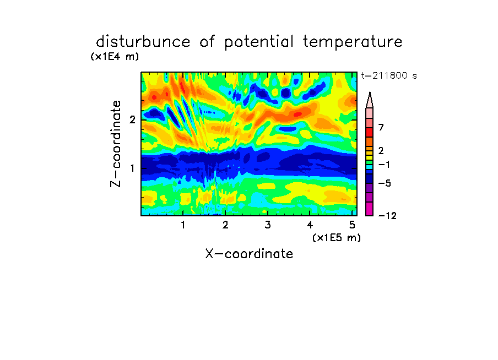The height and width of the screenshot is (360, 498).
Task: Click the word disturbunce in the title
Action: [143, 42]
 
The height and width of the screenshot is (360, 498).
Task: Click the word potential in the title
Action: [259, 42]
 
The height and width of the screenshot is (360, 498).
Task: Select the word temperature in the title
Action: [353, 42]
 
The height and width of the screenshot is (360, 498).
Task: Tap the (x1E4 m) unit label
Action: [115, 57]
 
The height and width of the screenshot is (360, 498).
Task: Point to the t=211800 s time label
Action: [389, 75]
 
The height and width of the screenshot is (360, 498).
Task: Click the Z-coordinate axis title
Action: [116, 144]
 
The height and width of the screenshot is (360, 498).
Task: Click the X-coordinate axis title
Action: [250, 254]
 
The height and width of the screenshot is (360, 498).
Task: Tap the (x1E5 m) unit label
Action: [337, 237]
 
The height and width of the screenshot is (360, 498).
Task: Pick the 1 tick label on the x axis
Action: [183, 225]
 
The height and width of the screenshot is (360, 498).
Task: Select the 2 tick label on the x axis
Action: [225, 225]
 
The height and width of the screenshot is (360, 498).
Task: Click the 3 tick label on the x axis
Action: [268, 225]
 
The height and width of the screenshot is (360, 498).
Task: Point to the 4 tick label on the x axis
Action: [310, 225]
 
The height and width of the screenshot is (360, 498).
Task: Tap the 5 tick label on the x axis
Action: [352, 225]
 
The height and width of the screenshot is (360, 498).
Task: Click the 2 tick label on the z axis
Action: [132, 120]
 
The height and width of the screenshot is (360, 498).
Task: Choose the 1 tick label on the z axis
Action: [132, 168]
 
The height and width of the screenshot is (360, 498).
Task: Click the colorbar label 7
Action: [381, 128]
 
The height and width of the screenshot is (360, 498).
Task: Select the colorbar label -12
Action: [387, 216]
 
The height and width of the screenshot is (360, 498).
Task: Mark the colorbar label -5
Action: [385, 183]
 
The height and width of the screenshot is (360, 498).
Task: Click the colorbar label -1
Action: [384, 165]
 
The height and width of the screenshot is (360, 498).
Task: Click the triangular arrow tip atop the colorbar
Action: [370, 92]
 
